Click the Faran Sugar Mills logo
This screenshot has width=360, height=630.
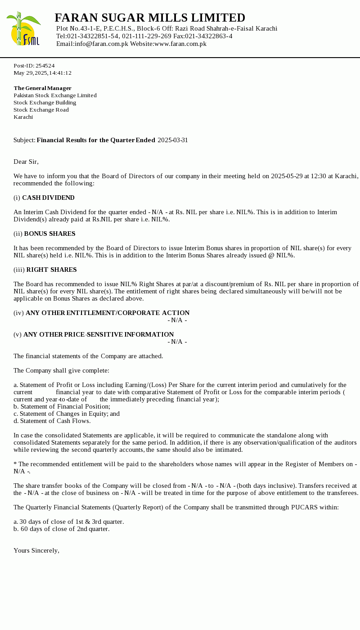coord(23,28)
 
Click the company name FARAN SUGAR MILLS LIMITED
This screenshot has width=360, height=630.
coord(150,18)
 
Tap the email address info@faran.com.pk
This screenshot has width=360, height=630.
coord(101,44)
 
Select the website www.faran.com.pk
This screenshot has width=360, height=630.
coord(180,44)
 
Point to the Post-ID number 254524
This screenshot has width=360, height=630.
coord(45,66)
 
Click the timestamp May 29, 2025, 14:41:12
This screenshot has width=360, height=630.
coord(42,73)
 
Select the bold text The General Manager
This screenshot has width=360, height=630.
coord(42,88)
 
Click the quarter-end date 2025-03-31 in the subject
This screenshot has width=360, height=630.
coord(173,140)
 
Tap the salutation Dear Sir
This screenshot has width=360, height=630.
coord(26,162)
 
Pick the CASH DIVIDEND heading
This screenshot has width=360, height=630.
coord(48,198)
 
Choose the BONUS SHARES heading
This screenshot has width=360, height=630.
coord(49,234)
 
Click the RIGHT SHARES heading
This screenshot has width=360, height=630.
coord(51,270)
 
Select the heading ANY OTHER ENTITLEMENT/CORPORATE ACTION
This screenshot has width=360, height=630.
coord(108,313)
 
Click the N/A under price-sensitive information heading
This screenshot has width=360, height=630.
coord(177,342)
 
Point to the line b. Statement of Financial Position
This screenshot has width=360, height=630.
coord(62,406)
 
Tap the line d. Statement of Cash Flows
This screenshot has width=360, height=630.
coord(52,421)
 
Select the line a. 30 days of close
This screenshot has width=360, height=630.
coord(68,522)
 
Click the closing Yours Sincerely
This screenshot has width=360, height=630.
coord(36,550)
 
